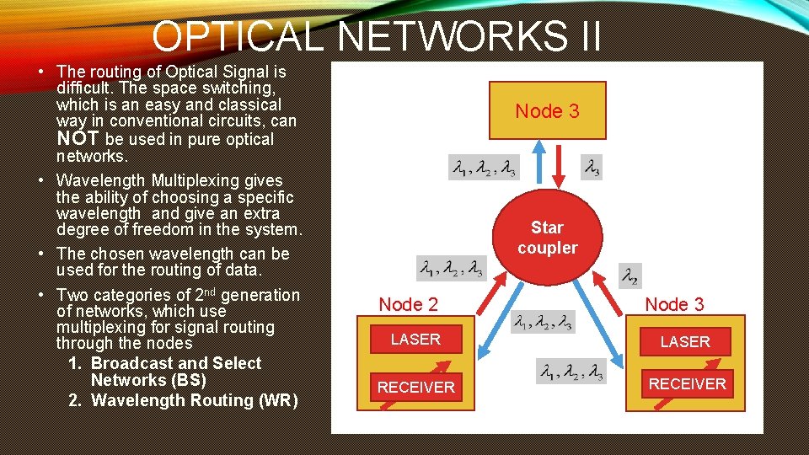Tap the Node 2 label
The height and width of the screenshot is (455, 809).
[408, 304]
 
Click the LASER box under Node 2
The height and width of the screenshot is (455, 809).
[415, 339]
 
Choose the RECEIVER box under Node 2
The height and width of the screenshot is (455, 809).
[415, 388]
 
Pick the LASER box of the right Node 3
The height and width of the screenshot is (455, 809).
[685, 341]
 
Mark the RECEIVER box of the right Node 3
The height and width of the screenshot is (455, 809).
[687, 384]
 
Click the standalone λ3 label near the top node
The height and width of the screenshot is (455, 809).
[592, 169]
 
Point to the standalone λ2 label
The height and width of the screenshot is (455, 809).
[629, 275]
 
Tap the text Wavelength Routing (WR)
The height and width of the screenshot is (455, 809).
[194, 400]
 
